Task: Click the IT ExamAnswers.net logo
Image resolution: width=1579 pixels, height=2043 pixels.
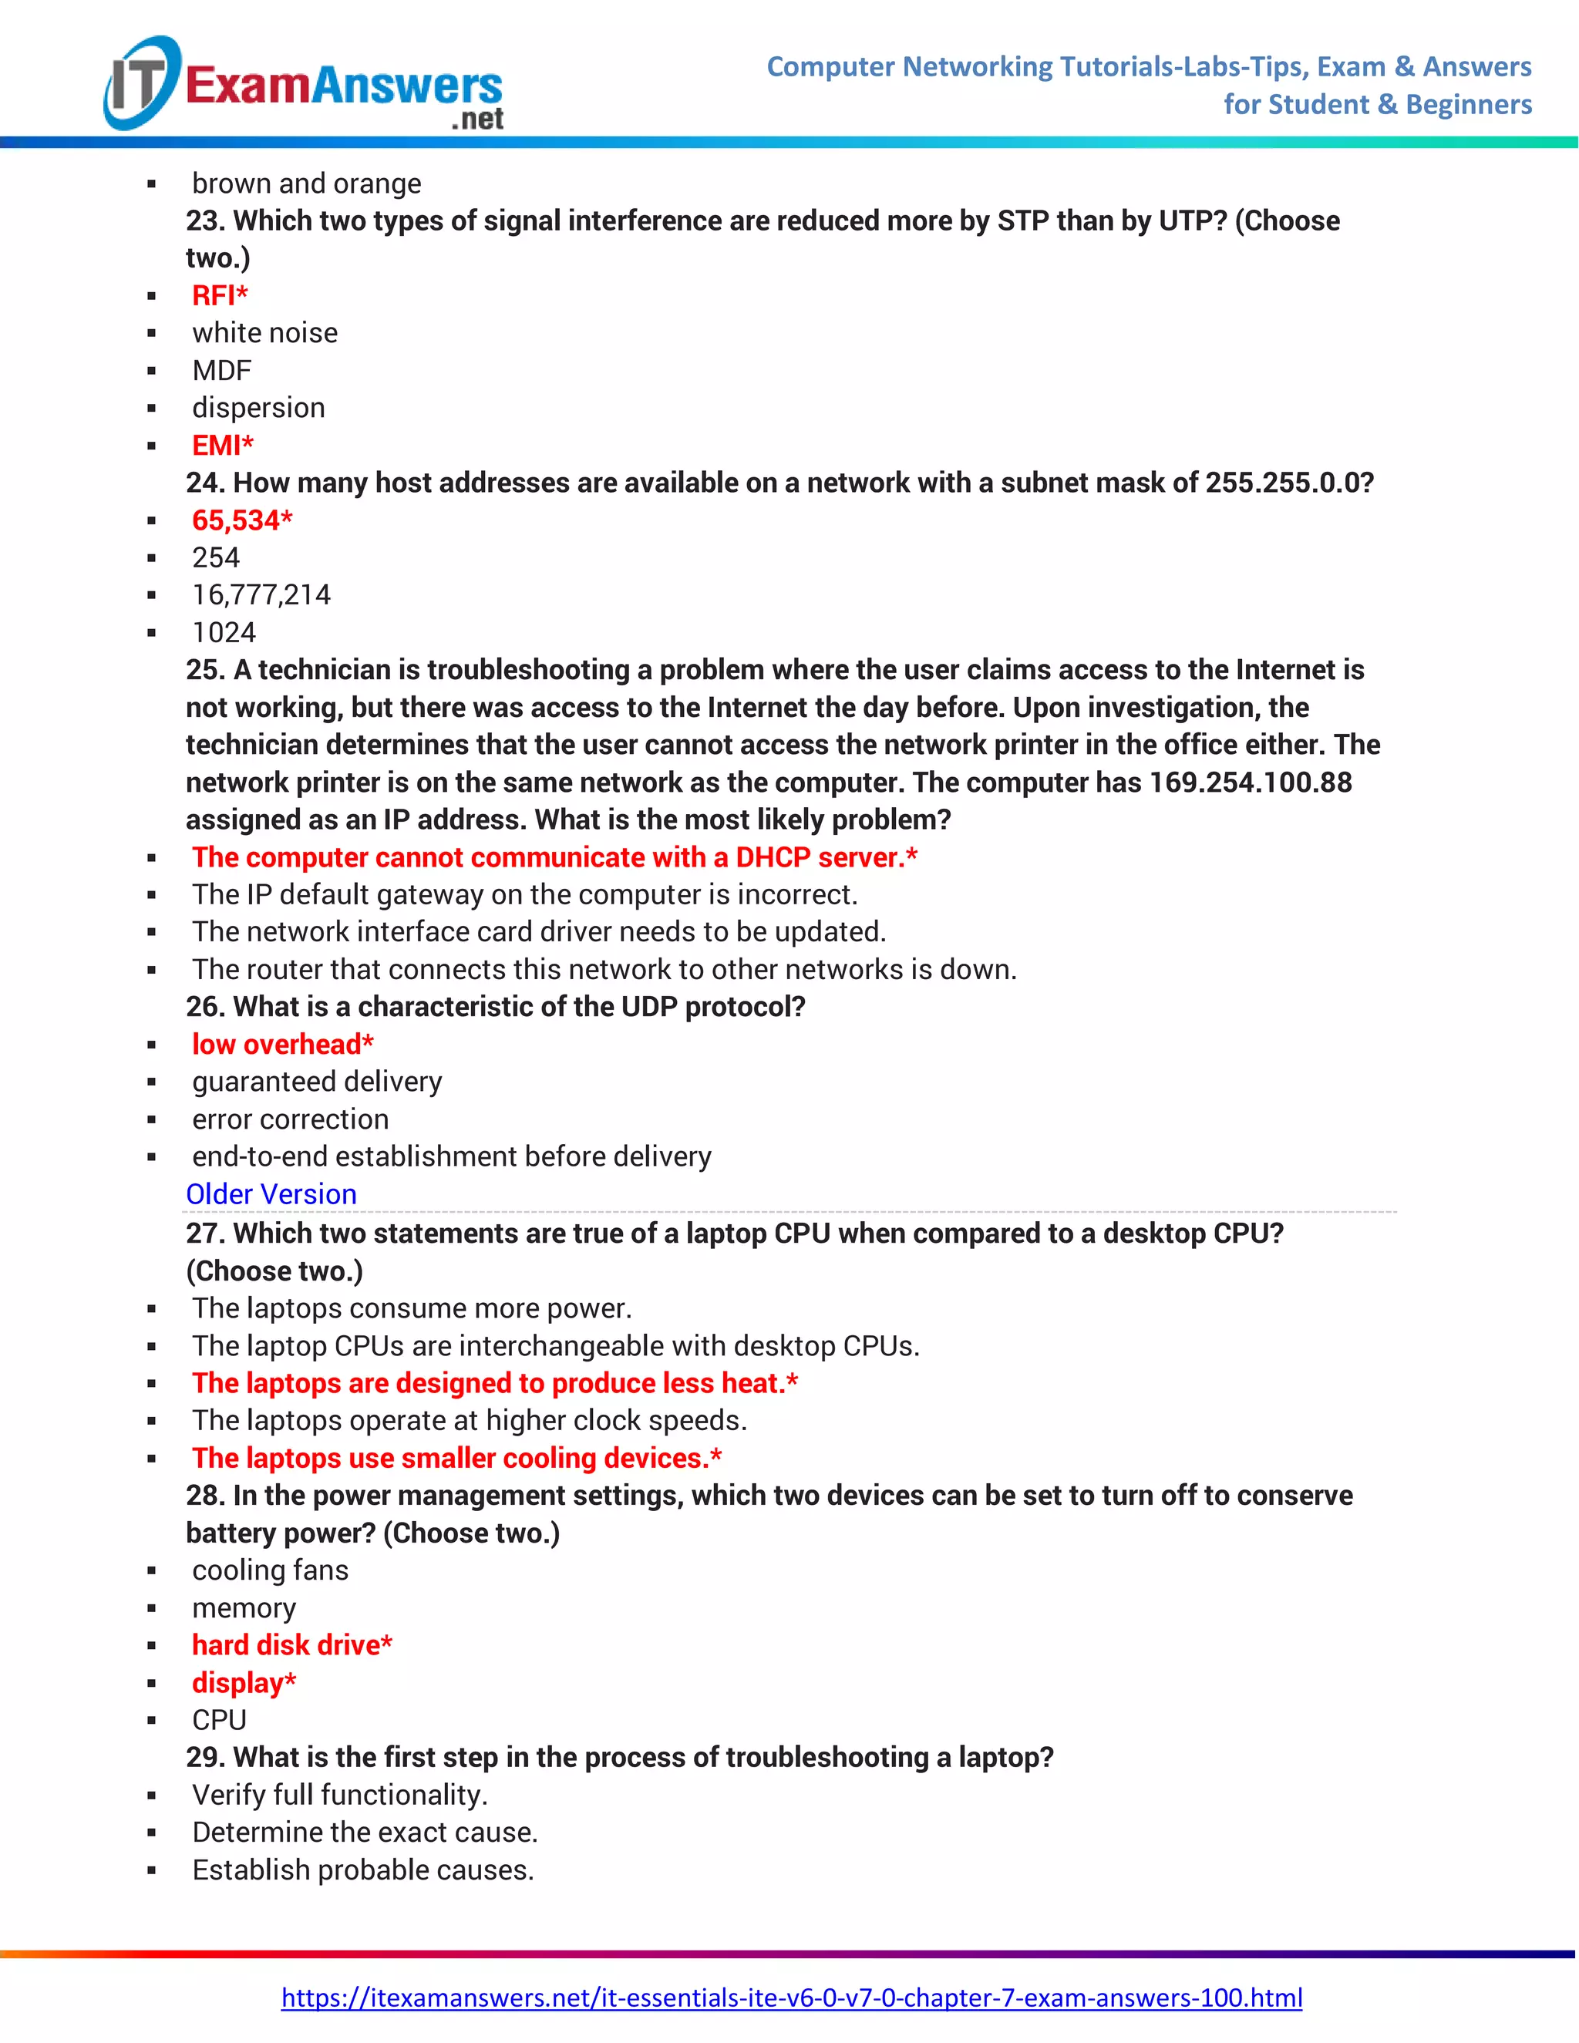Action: (x=304, y=85)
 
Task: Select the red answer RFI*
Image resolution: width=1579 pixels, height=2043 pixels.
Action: (x=220, y=295)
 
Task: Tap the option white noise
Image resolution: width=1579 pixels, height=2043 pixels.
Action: (x=264, y=333)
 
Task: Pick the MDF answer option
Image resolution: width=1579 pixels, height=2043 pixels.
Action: (x=222, y=370)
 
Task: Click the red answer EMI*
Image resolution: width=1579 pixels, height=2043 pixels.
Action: (x=223, y=446)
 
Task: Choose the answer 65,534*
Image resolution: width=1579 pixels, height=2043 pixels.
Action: (x=242, y=520)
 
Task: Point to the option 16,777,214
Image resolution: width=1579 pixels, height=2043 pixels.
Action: (x=261, y=595)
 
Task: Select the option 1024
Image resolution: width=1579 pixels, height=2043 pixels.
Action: (x=224, y=632)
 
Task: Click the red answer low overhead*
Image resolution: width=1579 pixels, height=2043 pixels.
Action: (x=282, y=1044)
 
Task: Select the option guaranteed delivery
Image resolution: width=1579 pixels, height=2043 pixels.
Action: (x=317, y=1082)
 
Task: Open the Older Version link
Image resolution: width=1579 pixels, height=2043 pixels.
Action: (x=271, y=1193)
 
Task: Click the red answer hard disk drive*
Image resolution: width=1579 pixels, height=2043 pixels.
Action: (x=292, y=1644)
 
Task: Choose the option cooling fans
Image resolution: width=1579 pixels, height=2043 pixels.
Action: (x=271, y=1570)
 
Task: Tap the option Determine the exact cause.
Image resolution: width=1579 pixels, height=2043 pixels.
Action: (x=365, y=1832)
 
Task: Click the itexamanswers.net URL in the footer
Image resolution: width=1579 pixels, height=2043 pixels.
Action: (x=791, y=1998)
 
